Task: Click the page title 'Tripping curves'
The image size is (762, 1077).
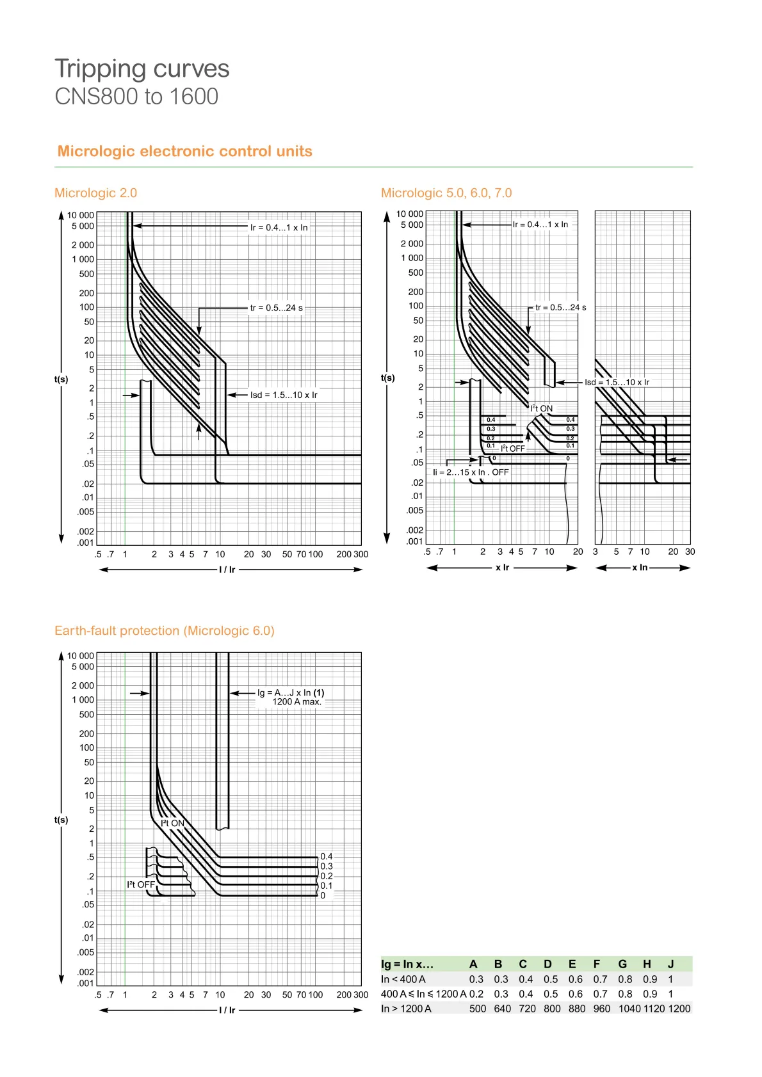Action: [142, 69]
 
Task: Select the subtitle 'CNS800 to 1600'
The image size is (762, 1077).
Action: [136, 97]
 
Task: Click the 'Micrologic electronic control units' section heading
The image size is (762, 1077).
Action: [184, 151]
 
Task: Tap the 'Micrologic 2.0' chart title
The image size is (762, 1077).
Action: [95, 193]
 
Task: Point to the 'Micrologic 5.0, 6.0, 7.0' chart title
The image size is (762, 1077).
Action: [446, 193]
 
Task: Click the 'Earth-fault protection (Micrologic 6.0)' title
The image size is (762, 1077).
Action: [164, 630]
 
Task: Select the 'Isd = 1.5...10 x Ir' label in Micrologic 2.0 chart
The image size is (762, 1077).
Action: [283, 395]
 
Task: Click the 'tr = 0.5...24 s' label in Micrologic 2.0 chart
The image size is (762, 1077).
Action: [276, 308]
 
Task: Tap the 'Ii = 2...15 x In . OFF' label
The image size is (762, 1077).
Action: [471, 472]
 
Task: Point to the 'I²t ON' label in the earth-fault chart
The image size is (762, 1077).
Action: [172, 823]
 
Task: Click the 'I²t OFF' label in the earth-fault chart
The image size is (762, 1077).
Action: [141, 884]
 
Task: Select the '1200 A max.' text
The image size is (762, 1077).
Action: [296, 701]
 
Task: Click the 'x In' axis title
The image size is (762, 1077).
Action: [640, 568]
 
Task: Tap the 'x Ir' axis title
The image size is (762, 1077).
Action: [502, 568]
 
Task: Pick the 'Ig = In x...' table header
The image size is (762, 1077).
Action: [407, 964]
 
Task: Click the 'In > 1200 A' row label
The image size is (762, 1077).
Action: [406, 1009]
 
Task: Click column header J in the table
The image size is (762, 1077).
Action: [670, 964]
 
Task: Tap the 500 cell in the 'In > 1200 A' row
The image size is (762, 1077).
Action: [478, 1009]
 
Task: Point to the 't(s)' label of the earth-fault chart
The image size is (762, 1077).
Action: [61, 820]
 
